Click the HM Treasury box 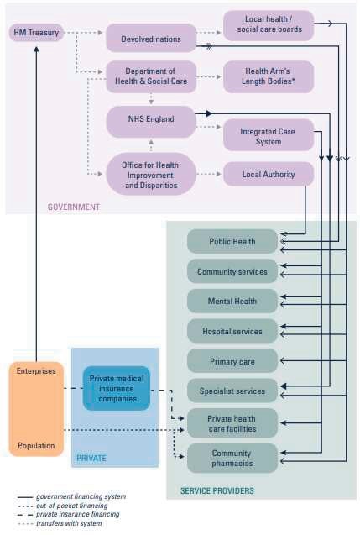pyautogui.click(x=36, y=33)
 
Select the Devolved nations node pyautogui.click(x=151, y=38)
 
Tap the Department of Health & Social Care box pyautogui.click(x=151, y=76)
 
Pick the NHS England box pyautogui.click(x=151, y=122)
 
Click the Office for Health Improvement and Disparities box pyautogui.click(x=151, y=174)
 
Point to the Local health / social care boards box pyautogui.click(x=269, y=25)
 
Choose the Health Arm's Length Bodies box pyautogui.click(x=269, y=76)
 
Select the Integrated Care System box pyautogui.click(x=269, y=134)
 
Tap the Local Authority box pyautogui.click(x=269, y=174)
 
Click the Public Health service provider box pyautogui.click(x=232, y=241)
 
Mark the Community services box pyautogui.click(x=232, y=271)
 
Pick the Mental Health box pyautogui.click(x=232, y=301)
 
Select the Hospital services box pyautogui.click(x=232, y=331)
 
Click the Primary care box pyautogui.click(x=232, y=361)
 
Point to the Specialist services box pyautogui.click(x=232, y=391)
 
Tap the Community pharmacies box pyautogui.click(x=232, y=459)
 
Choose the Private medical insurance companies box pyautogui.click(x=117, y=388)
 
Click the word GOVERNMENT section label pyautogui.click(x=74, y=207)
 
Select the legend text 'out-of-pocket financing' pyautogui.click(x=71, y=506)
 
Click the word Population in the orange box pyautogui.click(x=36, y=446)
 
